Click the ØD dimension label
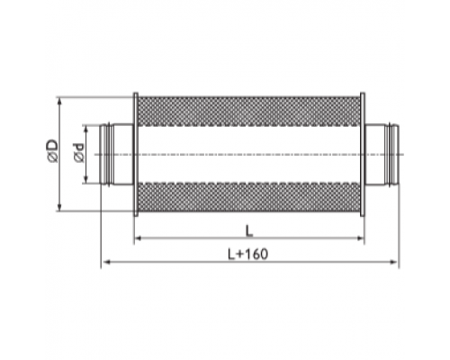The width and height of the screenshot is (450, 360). point(53,150)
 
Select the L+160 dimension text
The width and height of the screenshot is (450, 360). point(247,255)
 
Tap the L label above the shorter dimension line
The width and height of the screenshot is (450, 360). point(249,231)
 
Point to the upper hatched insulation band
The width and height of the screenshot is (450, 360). point(248,112)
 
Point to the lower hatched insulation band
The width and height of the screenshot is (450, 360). point(248,197)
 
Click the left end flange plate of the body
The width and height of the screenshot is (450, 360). point(136,154)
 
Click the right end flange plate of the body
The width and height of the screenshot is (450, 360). point(362,154)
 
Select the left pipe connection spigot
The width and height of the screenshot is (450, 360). point(116,154)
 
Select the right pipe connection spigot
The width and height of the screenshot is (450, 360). point(382,154)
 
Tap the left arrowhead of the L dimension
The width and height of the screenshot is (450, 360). point(138,238)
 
